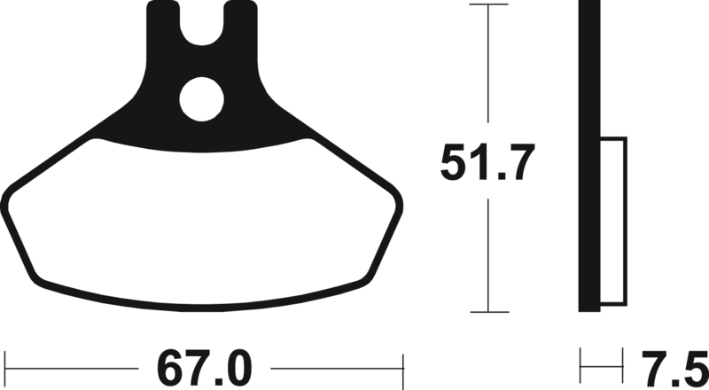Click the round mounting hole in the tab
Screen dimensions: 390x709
(x=203, y=100)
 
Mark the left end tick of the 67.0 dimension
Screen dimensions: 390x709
(x=5, y=365)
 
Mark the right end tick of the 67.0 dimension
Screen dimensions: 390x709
(x=402, y=365)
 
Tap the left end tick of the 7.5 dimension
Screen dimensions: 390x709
(x=580, y=365)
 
